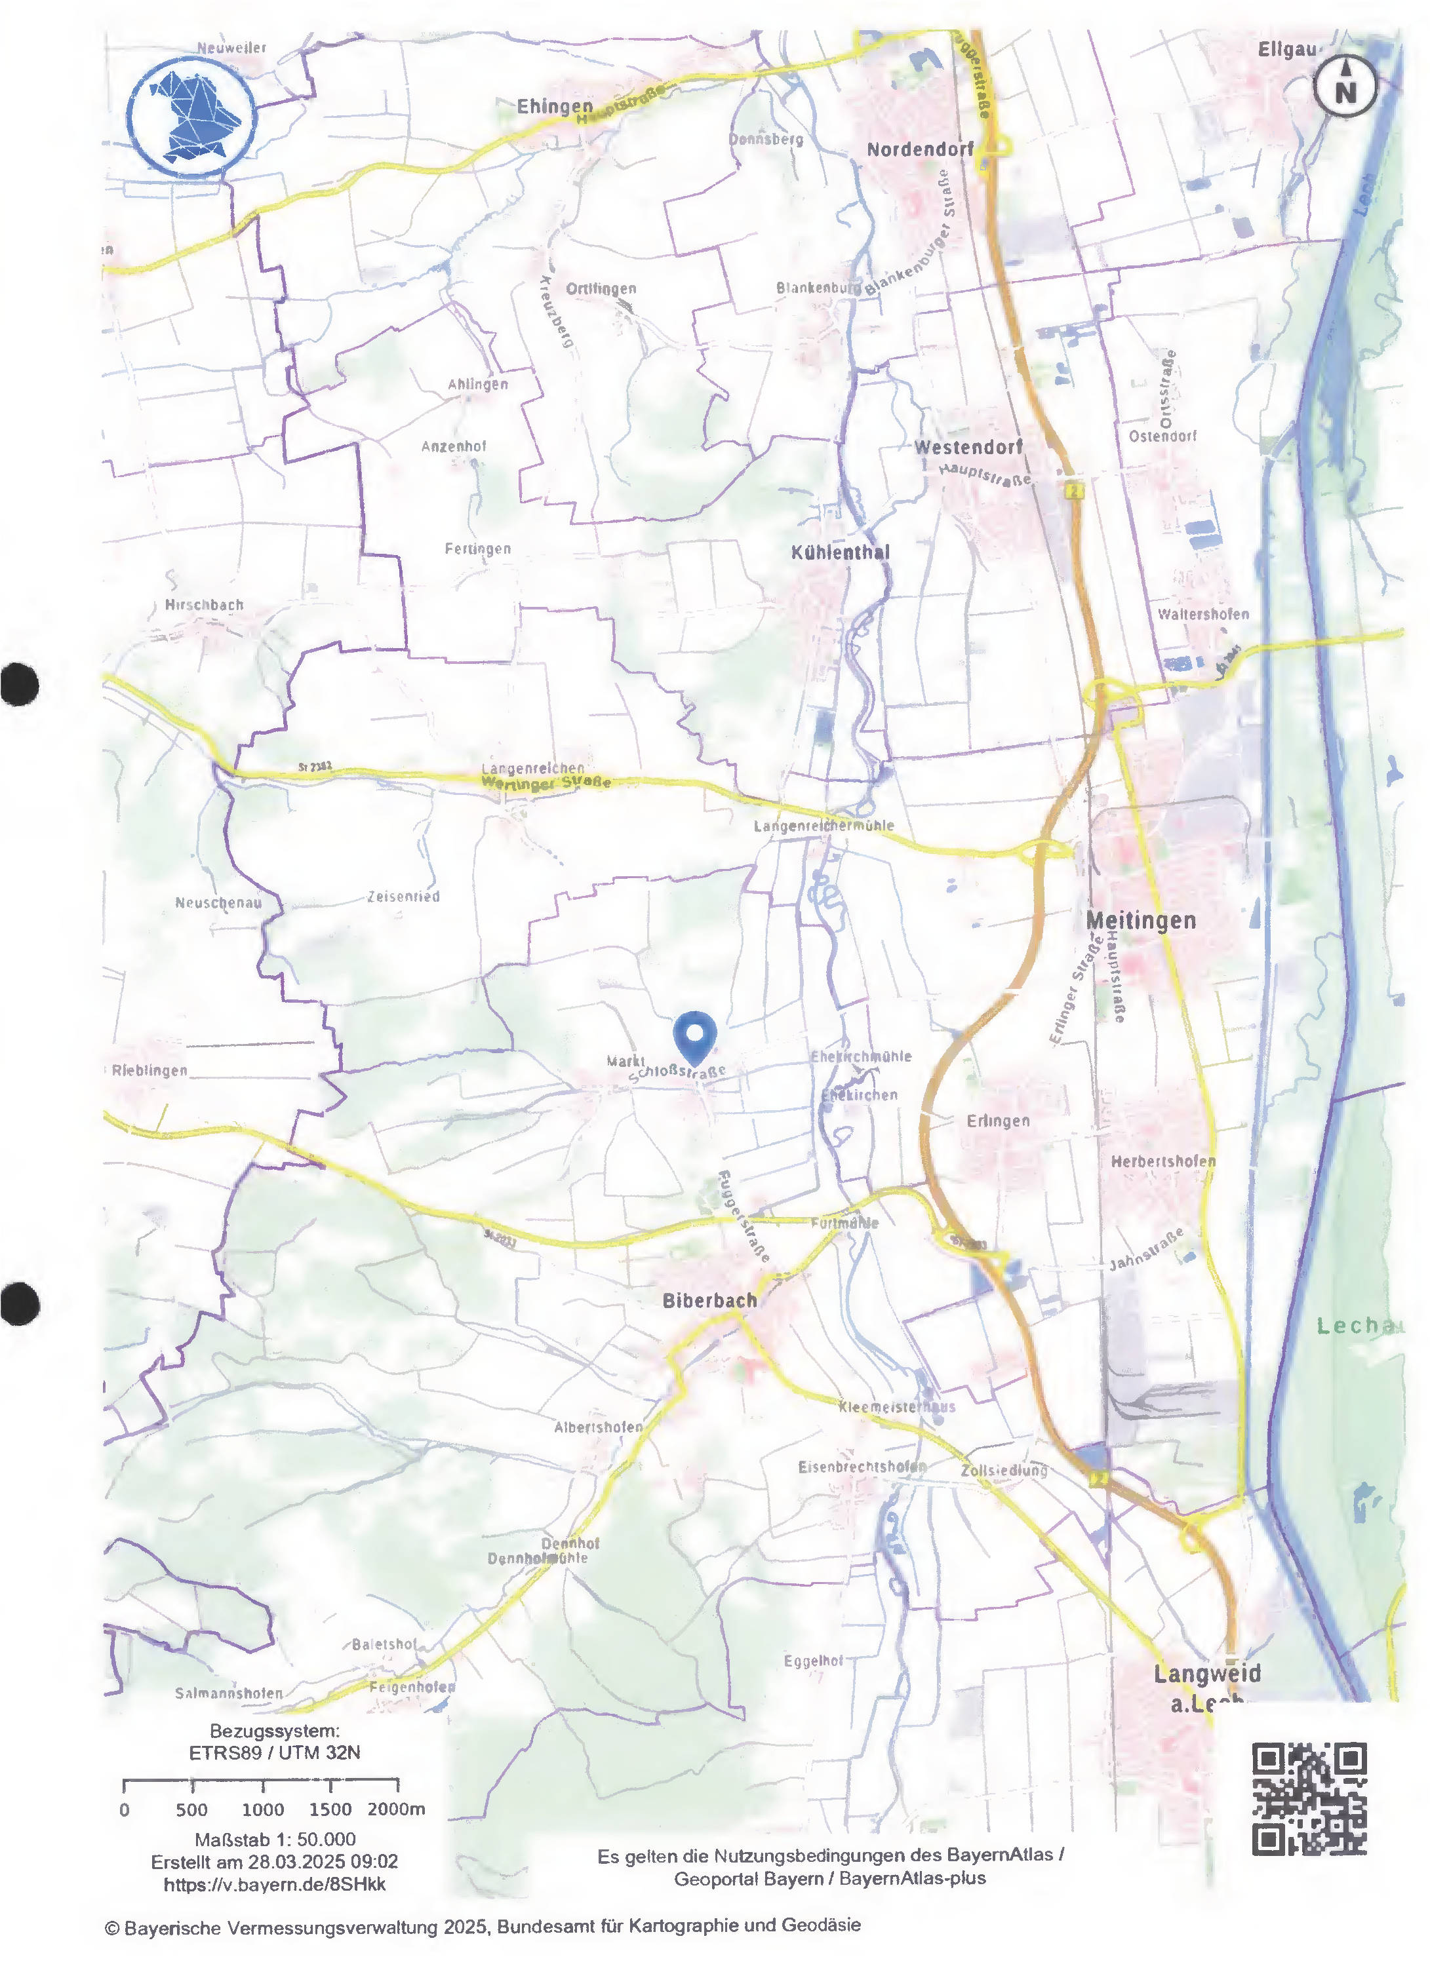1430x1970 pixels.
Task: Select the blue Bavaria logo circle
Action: coord(192,117)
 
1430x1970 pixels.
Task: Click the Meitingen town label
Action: coord(1141,920)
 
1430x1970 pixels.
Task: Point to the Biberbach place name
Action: coord(709,1300)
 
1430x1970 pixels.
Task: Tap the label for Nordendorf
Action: coord(920,149)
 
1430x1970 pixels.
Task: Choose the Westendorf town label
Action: coord(968,448)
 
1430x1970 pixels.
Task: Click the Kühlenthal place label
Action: coord(840,552)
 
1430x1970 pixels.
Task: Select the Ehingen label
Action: coord(554,106)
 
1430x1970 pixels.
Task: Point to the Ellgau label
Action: coord(1286,50)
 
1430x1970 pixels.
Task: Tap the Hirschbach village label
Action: coord(204,604)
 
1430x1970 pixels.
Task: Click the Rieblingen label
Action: coord(149,1070)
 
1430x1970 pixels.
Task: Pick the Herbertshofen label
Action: coord(1162,1161)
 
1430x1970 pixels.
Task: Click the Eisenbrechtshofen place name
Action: coord(862,1466)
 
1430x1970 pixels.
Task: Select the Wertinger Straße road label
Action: coord(546,782)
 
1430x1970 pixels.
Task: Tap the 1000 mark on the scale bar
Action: coord(262,1809)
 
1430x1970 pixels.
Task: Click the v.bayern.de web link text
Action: coord(275,1884)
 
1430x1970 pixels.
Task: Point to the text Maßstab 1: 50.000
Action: coord(275,1839)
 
